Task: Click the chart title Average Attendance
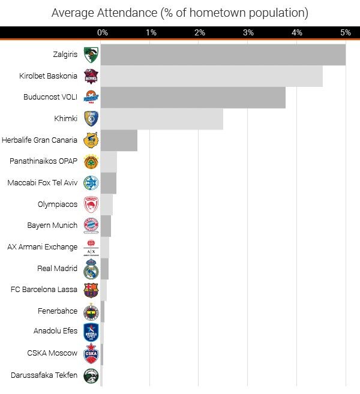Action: [x=179, y=13]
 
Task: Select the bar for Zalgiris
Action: [x=223, y=55]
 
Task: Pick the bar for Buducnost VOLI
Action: [x=193, y=97]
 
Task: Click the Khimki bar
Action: [x=161, y=119]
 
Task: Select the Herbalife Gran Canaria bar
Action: [x=119, y=140]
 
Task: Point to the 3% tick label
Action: [x=248, y=32]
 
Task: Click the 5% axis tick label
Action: [x=345, y=32]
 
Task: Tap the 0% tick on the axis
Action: [x=103, y=32]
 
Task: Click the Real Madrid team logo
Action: [x=91, y=269]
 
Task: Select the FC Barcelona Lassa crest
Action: [x=91, y=290]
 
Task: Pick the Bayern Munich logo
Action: [x=91, y=225]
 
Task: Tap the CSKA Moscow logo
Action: [x=91, y=354]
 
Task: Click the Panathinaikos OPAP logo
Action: [x=91, y=162]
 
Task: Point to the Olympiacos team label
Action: [x=58, y=204]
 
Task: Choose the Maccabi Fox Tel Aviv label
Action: [x=42, y=183]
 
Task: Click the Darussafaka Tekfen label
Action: [x=44, y=375]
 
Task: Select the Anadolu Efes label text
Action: [x=55, y=331]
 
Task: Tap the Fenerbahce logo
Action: [x=91, y=311]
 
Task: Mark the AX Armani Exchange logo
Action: [x=91, y=247]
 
